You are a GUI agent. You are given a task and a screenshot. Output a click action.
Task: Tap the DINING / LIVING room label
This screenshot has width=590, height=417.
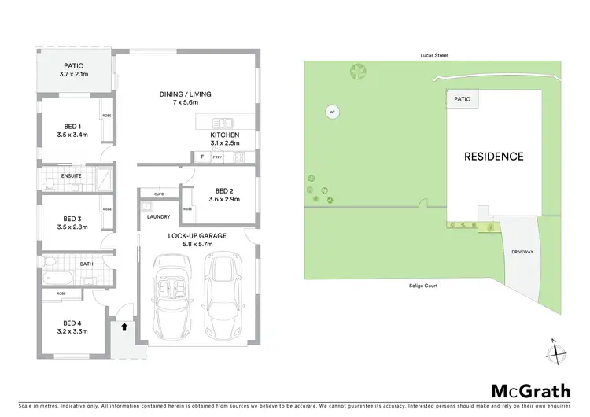[x=185, y=98]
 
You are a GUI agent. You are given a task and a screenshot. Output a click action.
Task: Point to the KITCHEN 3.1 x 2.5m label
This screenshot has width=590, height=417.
[x=224, y=138]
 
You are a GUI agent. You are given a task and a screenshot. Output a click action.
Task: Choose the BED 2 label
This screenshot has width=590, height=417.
[x=224, y=195]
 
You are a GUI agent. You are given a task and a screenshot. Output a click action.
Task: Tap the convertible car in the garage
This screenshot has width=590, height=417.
[x=172, y=295]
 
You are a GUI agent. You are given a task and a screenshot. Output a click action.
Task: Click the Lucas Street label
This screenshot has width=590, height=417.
[x=433, y=56]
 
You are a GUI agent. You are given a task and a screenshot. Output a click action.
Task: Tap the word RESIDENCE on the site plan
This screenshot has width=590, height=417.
[x=493, y=157]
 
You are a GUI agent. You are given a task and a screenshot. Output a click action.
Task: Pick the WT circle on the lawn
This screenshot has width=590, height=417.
[x=333, y=113]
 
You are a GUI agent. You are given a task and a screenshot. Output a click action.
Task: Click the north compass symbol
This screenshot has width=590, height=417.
[x=555, y=351]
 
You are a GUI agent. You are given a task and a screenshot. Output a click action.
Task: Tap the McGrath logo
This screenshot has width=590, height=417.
[x=525, y=391]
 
